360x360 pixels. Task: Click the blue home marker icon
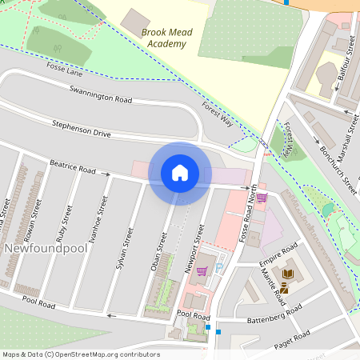(180, 173)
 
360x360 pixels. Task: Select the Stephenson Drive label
(81, 128)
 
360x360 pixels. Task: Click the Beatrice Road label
(73, 167)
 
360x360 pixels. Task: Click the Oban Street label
(158, 250)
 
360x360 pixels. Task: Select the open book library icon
(286, 274)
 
